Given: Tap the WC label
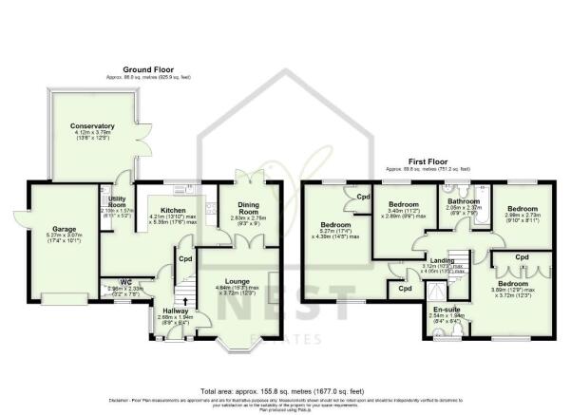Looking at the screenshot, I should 125,283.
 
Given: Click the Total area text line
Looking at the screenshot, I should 285,390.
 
